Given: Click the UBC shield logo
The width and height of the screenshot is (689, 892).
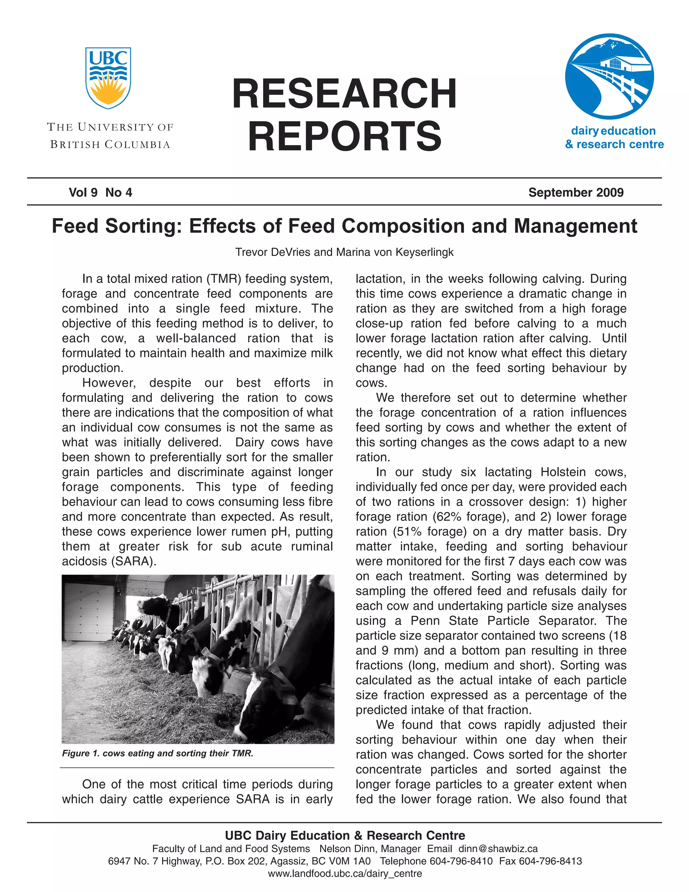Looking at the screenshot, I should click(x=108, y=78).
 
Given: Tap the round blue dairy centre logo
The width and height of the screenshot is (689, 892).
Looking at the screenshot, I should click(x=609, y=77).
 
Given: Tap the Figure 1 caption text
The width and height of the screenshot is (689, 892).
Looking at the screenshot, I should click(x=157, y=753).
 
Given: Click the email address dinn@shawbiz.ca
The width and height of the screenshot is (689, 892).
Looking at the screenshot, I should click(x=498, y=849).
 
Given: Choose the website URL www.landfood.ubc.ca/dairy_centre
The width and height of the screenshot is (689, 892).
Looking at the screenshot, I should click(x=344, y=873).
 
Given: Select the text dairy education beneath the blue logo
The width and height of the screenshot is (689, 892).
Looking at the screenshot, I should click(x=613, y=131).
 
